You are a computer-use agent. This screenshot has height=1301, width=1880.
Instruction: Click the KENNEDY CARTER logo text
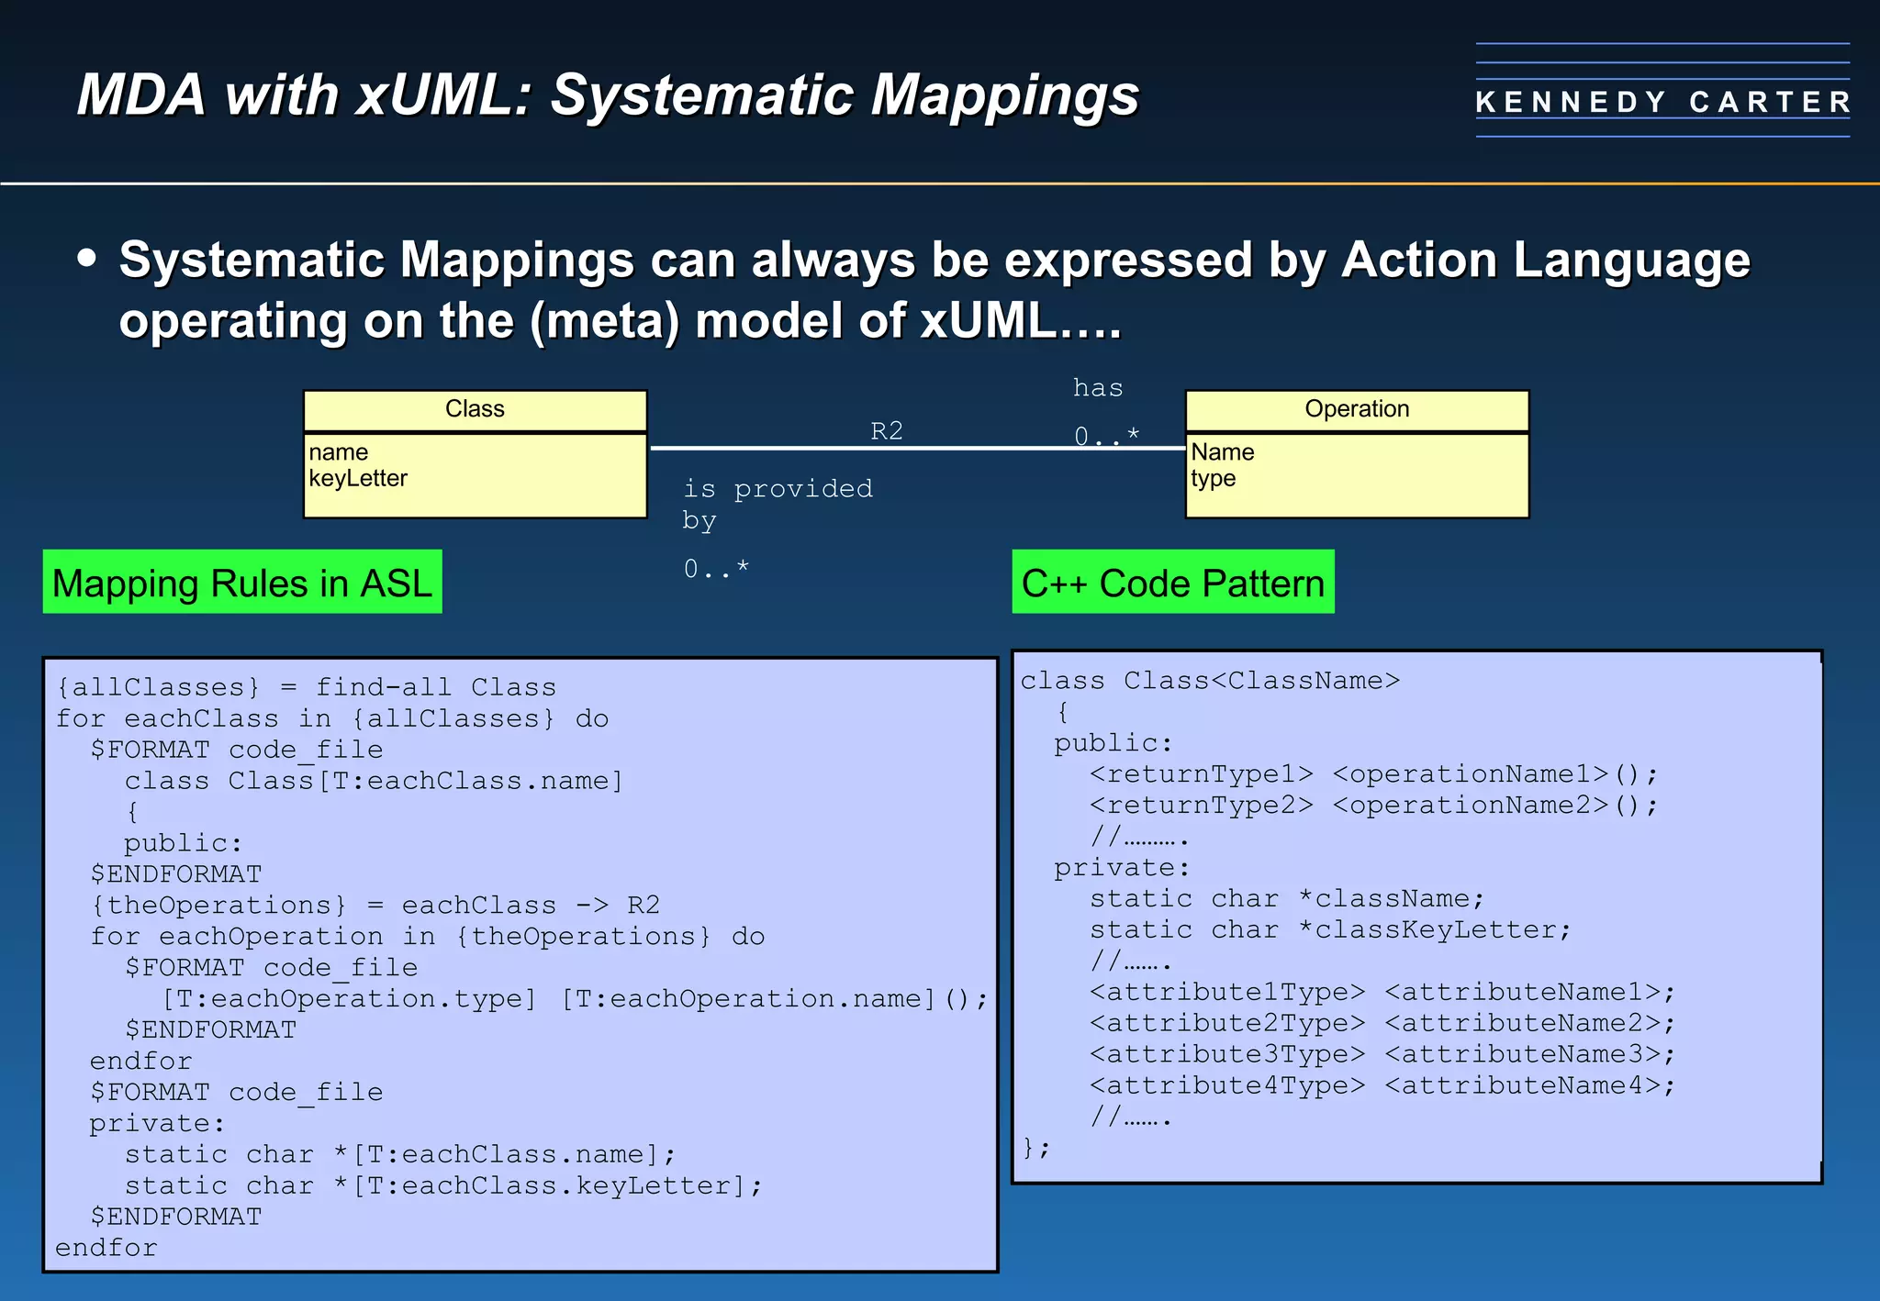point(1662,102)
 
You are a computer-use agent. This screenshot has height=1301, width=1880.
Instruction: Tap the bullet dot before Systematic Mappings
point(87,258)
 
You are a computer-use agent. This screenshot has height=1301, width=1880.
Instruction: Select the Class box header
point(475,409)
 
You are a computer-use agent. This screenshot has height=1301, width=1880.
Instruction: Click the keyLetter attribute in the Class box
point(358,479)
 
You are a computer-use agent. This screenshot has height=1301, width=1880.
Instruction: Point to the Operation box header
point(1357,409)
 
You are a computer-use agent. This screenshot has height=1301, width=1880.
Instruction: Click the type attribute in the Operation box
point(1213,479)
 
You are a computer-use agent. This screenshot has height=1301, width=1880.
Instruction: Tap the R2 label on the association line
point(886,431)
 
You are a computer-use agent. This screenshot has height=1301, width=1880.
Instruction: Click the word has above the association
point(1098,388)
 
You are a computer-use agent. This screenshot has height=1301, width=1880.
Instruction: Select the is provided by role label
point(777,503)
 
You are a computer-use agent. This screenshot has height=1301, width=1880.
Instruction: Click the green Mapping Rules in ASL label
point(242,583)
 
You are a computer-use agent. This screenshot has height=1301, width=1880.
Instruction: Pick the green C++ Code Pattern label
point(1172,583)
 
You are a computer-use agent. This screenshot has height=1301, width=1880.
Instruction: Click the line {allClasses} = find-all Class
point(306,687)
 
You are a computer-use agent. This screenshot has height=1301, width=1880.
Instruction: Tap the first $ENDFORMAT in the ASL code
point(175,874)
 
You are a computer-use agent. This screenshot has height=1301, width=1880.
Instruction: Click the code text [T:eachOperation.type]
point(349,998)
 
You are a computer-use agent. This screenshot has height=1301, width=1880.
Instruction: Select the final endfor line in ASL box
point(106,1248)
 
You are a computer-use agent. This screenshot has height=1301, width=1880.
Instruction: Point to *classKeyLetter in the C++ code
point(1435,930)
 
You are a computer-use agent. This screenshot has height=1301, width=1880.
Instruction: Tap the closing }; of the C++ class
point(1035,1147)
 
